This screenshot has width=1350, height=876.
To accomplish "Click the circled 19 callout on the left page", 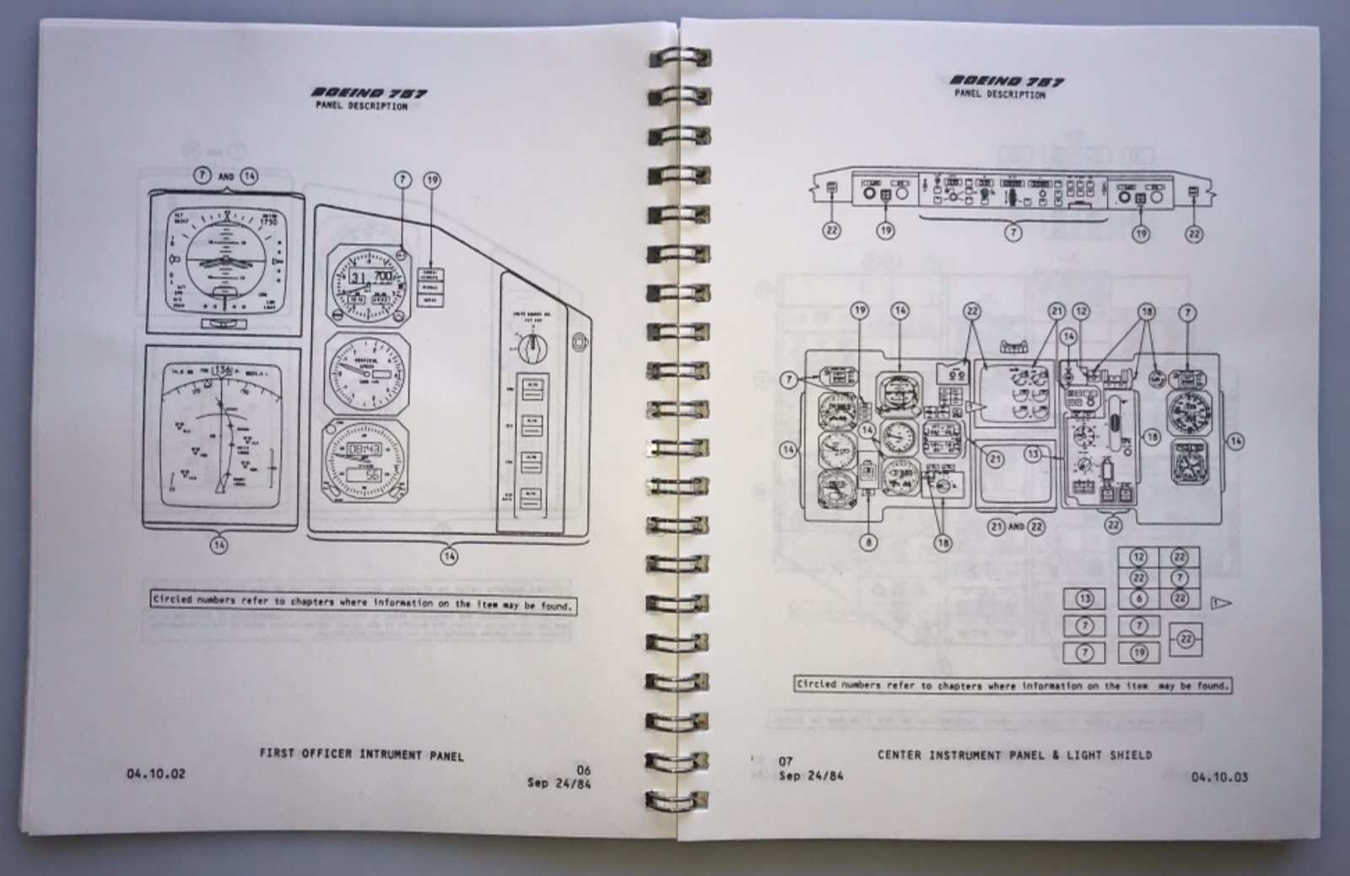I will [432, 180].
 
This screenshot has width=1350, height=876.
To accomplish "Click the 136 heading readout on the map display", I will [223, 369].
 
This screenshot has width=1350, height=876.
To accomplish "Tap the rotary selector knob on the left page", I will [529, 345].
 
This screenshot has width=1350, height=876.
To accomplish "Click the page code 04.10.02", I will [155, 773].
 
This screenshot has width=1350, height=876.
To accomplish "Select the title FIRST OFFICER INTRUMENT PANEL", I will [361, 754].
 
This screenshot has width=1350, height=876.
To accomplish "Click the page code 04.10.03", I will [1219, 776].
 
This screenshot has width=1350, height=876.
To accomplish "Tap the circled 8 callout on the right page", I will [868, 543].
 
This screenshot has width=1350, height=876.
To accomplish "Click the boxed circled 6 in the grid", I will [1138, 598].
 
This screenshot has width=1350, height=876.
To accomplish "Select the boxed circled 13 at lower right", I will [1084, 599].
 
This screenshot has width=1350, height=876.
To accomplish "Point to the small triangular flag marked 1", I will [1220, 603].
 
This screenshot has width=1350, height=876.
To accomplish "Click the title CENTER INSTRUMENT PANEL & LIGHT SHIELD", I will [1014, 754].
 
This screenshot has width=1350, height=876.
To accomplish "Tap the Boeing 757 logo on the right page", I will [1007, 81].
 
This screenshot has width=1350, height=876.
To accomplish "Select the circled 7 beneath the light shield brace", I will [1012, 232].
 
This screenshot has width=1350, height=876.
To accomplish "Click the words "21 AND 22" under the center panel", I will [1016, 527].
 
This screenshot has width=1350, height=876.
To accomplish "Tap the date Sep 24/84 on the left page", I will [559, 782].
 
